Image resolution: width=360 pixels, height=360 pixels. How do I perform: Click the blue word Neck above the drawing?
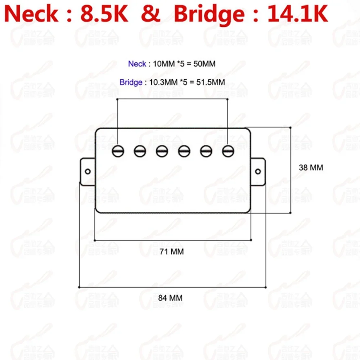[x=137, y=64]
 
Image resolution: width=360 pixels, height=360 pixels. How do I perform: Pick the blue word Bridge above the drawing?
[x=131, y=82]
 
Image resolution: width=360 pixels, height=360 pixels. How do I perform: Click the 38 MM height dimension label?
[x=311, y=167]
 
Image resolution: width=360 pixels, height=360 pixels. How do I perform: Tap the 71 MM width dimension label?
[x=171, y=252]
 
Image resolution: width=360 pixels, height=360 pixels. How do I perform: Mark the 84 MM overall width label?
[x=170, y=298]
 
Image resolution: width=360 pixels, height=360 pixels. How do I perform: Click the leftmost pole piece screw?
[x=118, y=151]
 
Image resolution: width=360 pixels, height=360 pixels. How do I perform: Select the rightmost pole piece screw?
[x=228, y=151]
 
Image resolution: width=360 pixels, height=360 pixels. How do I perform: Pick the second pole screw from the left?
[x=140, y=151]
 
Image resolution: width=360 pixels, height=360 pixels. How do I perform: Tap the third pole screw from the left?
[x=162, y=151]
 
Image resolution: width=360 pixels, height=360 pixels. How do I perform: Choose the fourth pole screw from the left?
[x=184, y=151]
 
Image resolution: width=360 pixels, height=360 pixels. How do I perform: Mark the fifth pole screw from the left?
[x=206, y=151]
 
